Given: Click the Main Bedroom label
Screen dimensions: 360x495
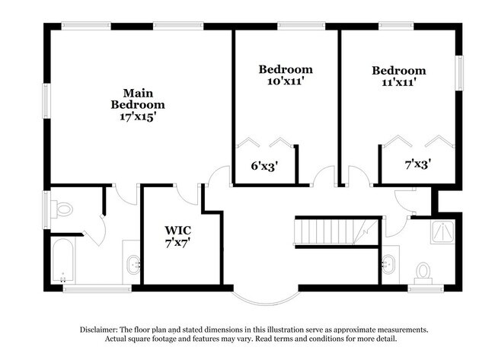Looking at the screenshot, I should coord(138,98).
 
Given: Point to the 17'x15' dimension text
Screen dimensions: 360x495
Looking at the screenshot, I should coord(138,117).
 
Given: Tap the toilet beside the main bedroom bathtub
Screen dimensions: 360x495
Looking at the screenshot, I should coord(64,207).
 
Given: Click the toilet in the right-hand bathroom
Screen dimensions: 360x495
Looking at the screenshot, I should coord(423,271).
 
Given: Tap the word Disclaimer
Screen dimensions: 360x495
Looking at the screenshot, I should coord(101,330).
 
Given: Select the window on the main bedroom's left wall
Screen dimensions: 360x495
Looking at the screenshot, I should coord(45,98).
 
